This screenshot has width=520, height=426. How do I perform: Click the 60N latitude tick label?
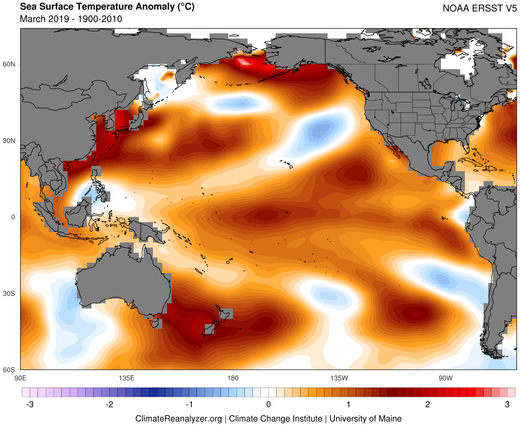coord(10,64)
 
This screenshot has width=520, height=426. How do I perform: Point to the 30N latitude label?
coord(10,140)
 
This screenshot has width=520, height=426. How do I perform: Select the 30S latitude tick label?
coord(10,293)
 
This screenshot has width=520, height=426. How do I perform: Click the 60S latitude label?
coord(10,370)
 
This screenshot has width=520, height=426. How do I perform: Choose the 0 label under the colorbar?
coord(268,405)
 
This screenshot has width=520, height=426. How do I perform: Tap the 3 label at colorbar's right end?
coord(508,405)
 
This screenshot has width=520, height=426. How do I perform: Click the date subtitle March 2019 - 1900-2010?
coord(71,19)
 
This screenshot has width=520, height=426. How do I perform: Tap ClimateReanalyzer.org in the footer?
coord(178,418)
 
